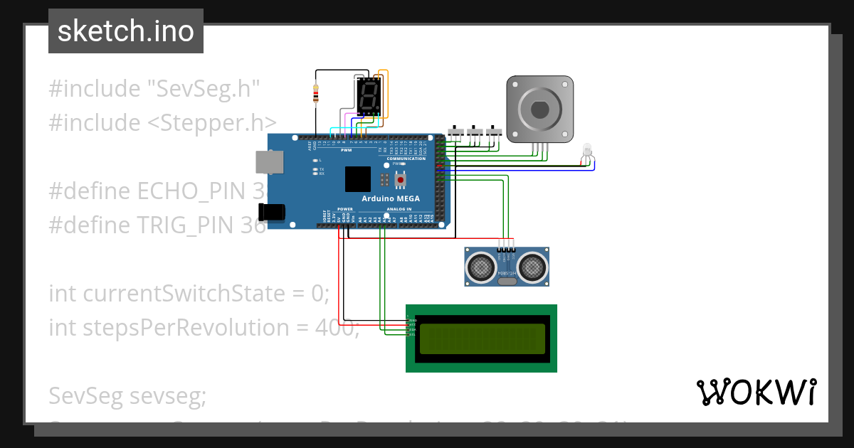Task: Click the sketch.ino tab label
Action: pos(126,31)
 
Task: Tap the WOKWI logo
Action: pos(756,392)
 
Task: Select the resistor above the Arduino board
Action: pos(316,93)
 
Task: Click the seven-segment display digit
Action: pos(368,97)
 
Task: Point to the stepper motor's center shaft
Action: pos(539,110)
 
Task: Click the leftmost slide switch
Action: pos(456,132)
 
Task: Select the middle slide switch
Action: pos(475,132)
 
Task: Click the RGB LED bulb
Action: pos(587,149)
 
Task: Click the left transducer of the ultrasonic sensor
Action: pos(481,267)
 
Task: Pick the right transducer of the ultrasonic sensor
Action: pos(532,267)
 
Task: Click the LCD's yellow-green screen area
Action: pos(482,338)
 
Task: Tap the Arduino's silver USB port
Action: pos(268,163)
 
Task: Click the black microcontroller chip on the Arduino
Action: pos(358,179)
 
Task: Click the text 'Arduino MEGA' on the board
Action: pos(391,198)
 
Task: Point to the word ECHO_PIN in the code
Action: pos(191,191)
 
